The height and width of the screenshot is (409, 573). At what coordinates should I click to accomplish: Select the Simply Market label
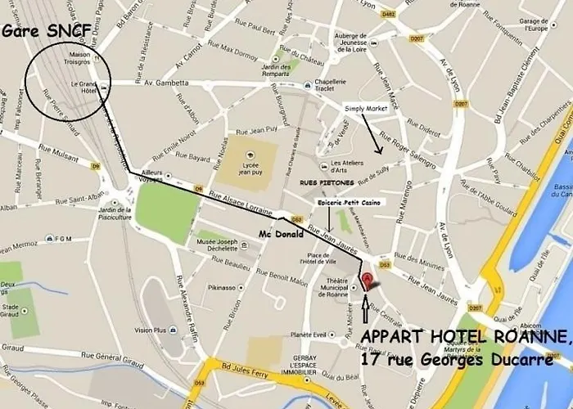pos(365,108)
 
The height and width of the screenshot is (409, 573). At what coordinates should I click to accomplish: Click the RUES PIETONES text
pos(327,182)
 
